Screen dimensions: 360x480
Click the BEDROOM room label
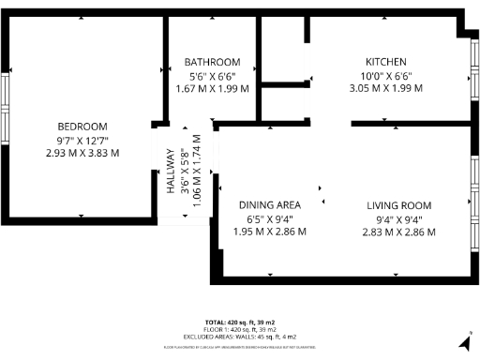(82, 127)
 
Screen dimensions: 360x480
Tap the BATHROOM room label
(212, 62)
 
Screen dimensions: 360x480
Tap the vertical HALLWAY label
(172, 172)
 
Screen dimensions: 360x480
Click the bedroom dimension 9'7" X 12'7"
(82, 140)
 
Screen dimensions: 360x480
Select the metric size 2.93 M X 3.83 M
(82, 153)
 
